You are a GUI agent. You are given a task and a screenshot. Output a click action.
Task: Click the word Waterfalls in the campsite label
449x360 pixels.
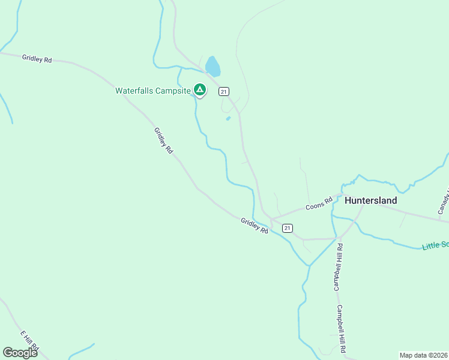pyautogui.click(x=135, y=91)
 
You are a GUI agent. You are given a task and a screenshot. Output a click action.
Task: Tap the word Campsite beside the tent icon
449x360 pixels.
pyautogui.click(x=173, y=91)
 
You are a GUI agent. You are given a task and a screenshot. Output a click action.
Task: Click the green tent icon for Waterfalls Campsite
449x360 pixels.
pyautogui.click(x=200, y=90)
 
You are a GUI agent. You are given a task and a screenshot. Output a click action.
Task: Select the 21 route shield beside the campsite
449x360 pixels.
pyautogui.click(x=223, y=91)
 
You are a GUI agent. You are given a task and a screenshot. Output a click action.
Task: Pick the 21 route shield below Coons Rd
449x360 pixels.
pyautogui.click(x=288, y=228)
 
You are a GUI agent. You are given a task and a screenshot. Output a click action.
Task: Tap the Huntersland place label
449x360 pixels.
pyautogui.click(x=371, y=200)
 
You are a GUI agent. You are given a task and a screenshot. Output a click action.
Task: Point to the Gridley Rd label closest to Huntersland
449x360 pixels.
pyautogui.click(x=255, y=226)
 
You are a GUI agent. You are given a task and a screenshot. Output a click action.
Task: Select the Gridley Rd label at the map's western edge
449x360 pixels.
pyautogui.click(x=37, y=59)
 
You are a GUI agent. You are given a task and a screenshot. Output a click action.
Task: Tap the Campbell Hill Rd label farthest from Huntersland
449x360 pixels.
pyautogui.click(x=342, y=329)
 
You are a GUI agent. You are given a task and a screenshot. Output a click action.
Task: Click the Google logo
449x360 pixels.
pyautogui.click(x=20, y=353)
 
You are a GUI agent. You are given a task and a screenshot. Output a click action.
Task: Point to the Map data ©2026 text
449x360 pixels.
pyautogui.click(x=423, y=355)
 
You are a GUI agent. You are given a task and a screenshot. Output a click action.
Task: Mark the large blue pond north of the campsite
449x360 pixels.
pyautogui.click(x=212, y=66)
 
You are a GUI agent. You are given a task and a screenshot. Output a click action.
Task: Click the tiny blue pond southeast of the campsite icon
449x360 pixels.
pyautogui.click(x=228, y=118)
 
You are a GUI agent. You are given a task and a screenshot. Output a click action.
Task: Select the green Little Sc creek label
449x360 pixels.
pyautogui.click(x=435, y=245)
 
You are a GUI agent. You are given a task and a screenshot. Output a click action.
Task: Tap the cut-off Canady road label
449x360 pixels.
pyautogui.click(x=444, y=202)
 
